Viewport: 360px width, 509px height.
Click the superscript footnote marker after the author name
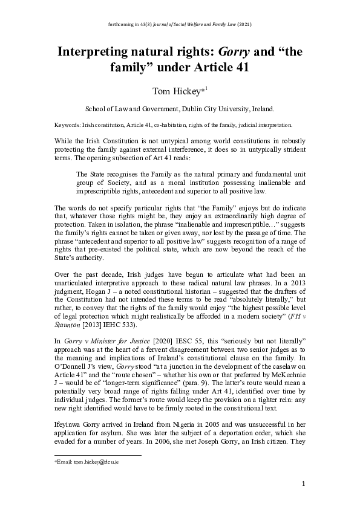click(206, 88)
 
